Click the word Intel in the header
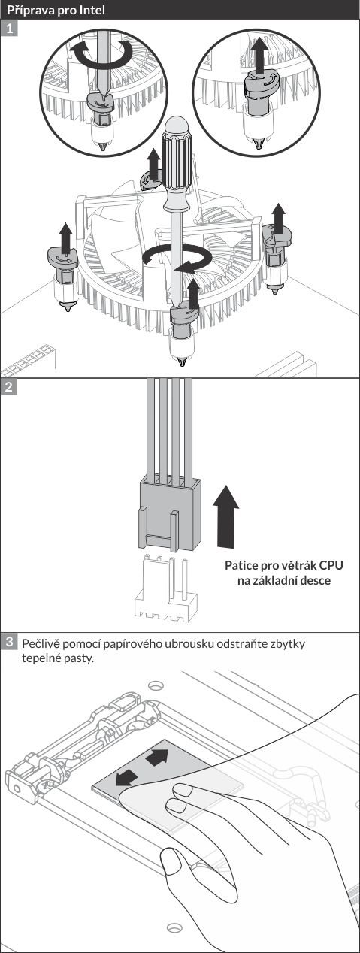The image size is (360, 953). [92, 9]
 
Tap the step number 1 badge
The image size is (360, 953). [9, 29]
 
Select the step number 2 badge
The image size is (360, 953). [9, 387]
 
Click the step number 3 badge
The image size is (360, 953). [9, 641]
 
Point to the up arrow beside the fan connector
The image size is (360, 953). [226, 516]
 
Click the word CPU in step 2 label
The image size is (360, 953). [331, 565]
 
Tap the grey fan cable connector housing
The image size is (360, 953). [169, 513]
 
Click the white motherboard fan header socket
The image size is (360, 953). [166, 590]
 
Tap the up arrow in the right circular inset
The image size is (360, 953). [259, 55]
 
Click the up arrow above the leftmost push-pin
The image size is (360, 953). [65, 238]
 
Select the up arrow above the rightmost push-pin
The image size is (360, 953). [279, 218]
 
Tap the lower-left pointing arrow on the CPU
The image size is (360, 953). [126, 778]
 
